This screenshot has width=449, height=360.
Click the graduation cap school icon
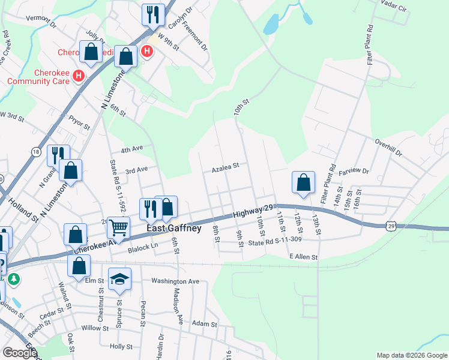point(119,278)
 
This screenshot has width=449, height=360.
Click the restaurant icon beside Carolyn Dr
point(153,14)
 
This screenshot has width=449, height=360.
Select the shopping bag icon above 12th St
point(304,182)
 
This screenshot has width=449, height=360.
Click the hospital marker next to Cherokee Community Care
point(77,76)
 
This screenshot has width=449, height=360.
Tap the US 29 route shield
point(391,226)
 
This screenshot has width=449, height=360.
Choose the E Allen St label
point(303,257)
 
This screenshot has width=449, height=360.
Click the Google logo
point(20,353)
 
